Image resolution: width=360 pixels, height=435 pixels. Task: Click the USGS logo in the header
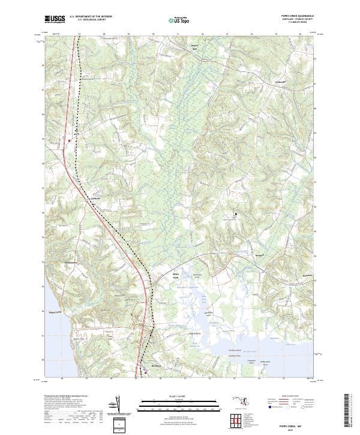click(x=55, y=19)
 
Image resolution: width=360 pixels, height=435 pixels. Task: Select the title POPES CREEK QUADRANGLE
click(x=296, y=17)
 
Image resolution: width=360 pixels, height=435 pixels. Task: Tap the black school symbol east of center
click(x=235, y=213)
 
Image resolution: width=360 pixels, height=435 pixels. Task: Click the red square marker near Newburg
click(x=143, y=370)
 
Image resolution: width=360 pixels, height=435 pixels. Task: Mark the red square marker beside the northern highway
click(x=70, y=140)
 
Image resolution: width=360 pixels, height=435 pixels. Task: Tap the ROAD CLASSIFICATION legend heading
click(x=281, y=397)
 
